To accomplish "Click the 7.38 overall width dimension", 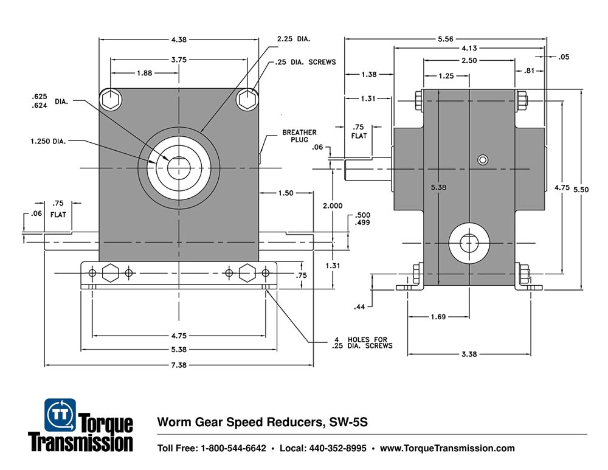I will click(179, 365).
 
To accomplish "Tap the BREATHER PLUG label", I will click(299, 136).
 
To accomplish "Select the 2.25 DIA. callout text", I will click(294, 39).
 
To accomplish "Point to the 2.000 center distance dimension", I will click(333, 206).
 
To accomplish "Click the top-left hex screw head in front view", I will click(110, 99).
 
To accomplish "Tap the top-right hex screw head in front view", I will click(247, 99).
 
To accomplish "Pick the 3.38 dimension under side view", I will click(469, 354).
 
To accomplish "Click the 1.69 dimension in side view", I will click(438, 316).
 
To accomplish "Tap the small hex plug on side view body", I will click(482, 160).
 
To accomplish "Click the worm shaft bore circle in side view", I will click(469, 241).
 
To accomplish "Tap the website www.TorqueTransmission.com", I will click(447, 449).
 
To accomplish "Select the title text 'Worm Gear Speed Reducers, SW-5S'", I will click(263, 422).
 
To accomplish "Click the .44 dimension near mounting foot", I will click(359, 308).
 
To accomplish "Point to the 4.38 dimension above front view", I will click(179, 40).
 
